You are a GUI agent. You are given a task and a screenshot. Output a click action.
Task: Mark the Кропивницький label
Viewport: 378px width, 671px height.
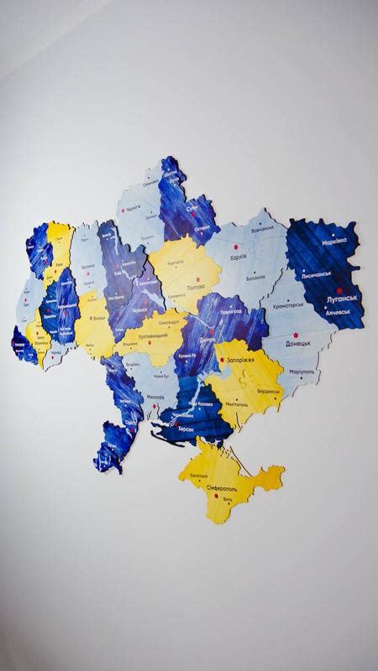(152, 335)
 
